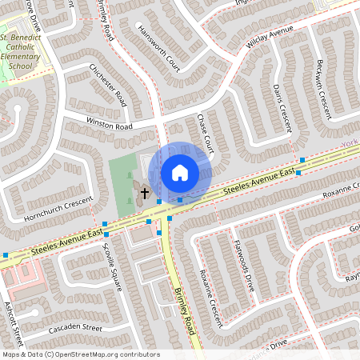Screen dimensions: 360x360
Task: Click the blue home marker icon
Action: [180, 172]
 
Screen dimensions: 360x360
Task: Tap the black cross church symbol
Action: [146, 193]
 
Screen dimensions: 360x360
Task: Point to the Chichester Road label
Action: [108, 86]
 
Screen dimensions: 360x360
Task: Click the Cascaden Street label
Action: [76, 328]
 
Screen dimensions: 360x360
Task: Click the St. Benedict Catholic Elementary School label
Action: [26, 52]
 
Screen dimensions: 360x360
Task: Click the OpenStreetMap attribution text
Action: [80, 354]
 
